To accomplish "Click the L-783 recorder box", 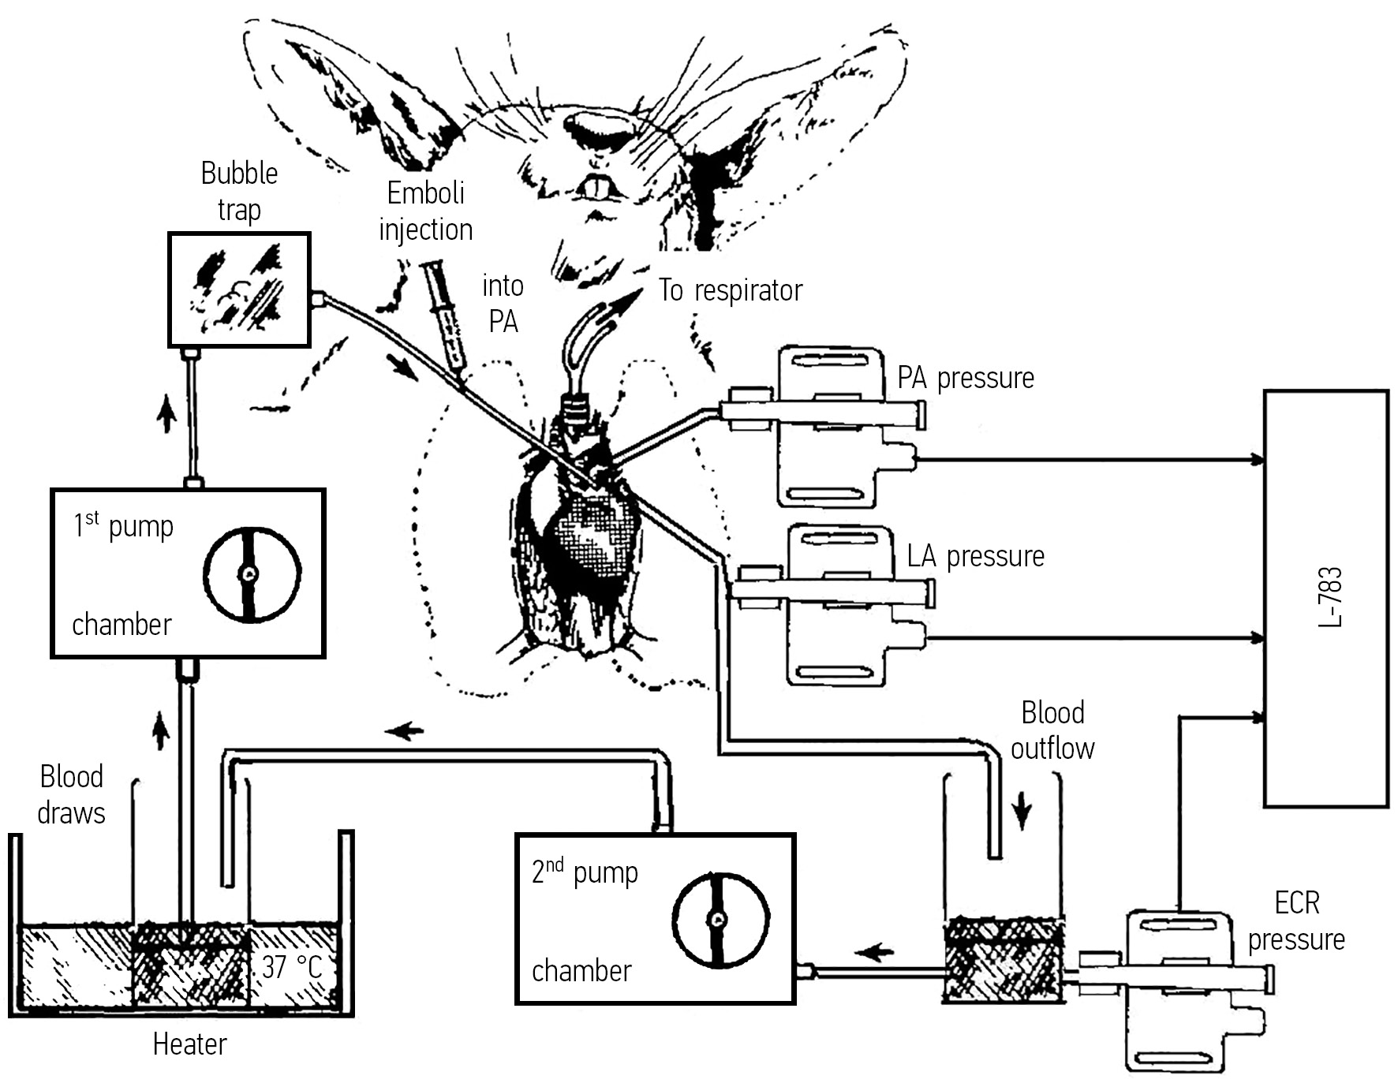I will click(x=1325, y=598).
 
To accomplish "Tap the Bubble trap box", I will click(x=239, y=289).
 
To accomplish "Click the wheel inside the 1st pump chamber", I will click(x=252, y=573).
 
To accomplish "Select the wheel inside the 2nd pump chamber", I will click(x=720, y=919).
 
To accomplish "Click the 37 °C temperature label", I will click(x=292, y=966).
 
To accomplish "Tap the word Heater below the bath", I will click(x=189, y=1044).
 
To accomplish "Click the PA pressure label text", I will click(x=966, y=379).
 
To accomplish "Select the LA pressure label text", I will click(x=976, y=557).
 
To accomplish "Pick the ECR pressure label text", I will click(x=1296, y=921).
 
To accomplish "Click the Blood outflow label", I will click(x=1052, y=730).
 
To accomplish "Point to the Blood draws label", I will click(x=71, y=795).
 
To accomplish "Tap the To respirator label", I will click(x=731, y=290).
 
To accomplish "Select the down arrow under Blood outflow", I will click(x=1022, y=811).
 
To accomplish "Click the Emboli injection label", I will click(x=426, y=211).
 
